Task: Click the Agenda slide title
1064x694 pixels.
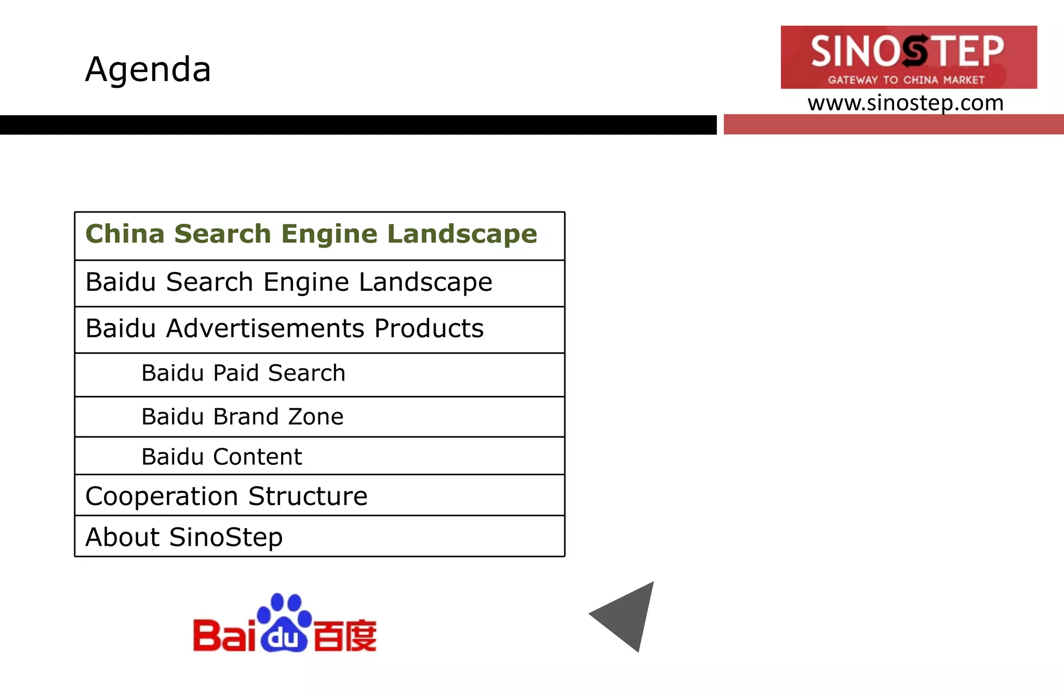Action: [x=148, y=69]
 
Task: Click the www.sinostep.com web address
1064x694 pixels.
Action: [x=905, y=103]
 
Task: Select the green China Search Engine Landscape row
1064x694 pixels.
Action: [x=311, y=234]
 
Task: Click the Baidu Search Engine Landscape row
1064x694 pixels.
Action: [x=289, y=283]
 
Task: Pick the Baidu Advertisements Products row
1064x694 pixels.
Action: [x=285, y=329]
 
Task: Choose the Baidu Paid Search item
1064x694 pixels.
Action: [x=243, y=373]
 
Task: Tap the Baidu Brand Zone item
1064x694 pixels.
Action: [x=242, y=417]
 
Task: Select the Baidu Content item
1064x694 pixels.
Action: [x=221, y=457]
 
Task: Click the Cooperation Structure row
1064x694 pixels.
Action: [x=227, y=497]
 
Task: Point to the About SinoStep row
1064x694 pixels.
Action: [x=184, y=537]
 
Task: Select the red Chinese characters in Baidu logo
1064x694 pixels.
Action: [x=345, y=635]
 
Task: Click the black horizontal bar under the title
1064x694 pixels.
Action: [x=358, y=125]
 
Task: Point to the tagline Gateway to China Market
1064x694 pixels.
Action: [x=906, y=80]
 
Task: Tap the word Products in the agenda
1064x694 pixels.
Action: [x=429, y=329]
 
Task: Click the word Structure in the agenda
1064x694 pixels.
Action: [x=308, y=497]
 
